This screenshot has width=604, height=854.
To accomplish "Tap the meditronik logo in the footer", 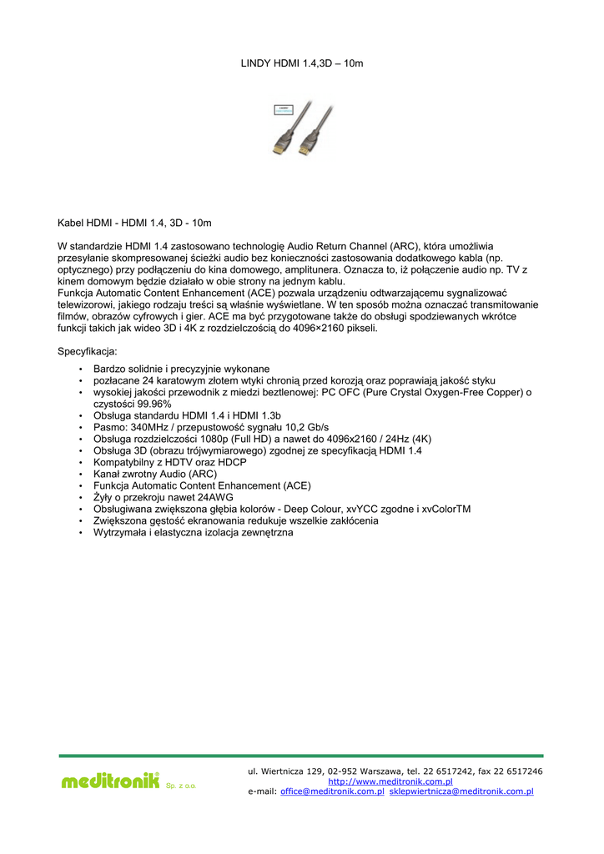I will click(109, 781).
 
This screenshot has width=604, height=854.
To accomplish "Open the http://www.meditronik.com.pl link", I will click(390, 781).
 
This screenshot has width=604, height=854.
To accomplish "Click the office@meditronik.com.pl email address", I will click(332, 791).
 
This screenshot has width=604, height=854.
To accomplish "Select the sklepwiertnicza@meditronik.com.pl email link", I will click(461, 791).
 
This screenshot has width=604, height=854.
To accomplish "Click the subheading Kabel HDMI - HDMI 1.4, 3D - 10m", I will click(134, 224).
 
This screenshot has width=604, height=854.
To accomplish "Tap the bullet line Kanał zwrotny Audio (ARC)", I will click(154, 474).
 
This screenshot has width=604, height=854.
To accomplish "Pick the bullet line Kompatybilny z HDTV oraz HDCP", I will click(169, 462).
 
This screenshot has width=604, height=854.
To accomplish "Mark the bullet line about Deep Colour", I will click(281, 509).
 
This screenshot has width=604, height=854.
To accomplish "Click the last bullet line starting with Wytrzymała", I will click(193, 532).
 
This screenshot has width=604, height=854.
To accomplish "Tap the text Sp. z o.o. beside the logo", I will click(181, 786).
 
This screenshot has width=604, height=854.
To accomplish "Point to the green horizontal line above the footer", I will click(300, 756).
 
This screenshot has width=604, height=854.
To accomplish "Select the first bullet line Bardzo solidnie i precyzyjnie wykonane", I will click(181, 369).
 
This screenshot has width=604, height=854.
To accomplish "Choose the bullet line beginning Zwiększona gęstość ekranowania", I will click(235, 520).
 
